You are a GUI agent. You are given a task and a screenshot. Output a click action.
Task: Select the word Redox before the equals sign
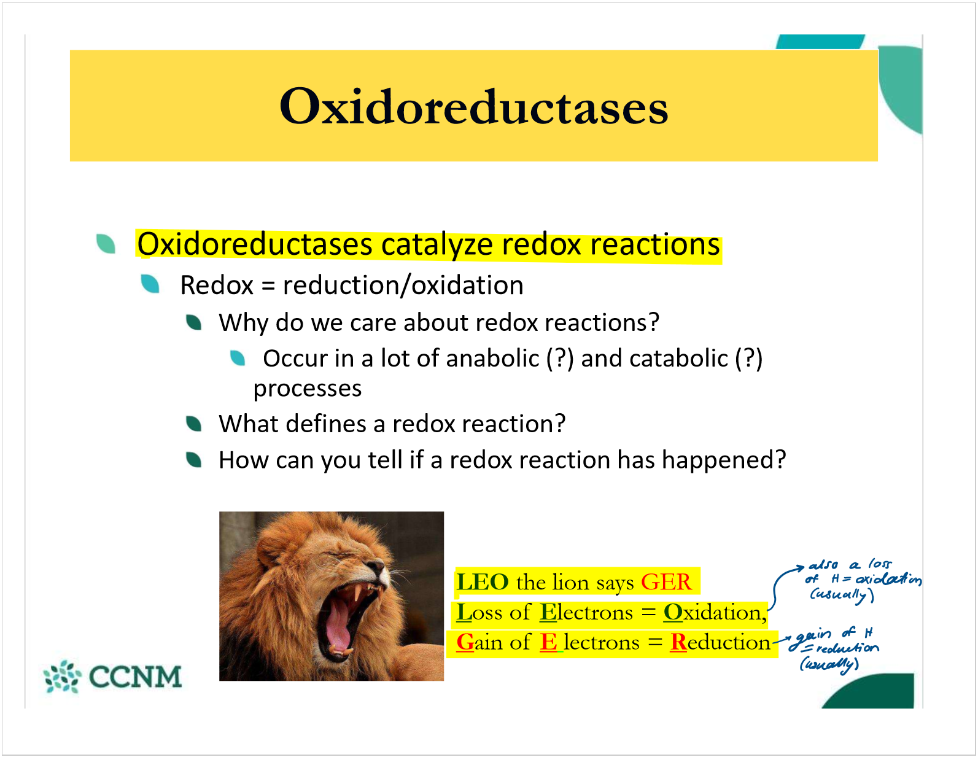[217, 285]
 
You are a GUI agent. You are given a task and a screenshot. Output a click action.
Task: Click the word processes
[307, 389]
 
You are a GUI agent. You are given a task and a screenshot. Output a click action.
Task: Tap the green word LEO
[482, 581]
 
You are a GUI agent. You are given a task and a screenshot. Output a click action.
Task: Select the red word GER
[666, 581]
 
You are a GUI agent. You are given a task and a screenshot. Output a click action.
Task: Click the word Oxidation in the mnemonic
[715, 612]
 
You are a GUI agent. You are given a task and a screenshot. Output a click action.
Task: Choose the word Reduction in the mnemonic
[720, 642]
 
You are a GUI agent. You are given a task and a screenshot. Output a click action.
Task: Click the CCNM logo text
[136, 677]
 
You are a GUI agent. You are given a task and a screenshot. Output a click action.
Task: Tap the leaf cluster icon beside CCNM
[62, 677]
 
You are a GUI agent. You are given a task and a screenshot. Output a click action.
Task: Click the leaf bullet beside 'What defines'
[194, 423]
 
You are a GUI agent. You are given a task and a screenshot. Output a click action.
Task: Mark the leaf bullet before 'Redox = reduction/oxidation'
[150, 284]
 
